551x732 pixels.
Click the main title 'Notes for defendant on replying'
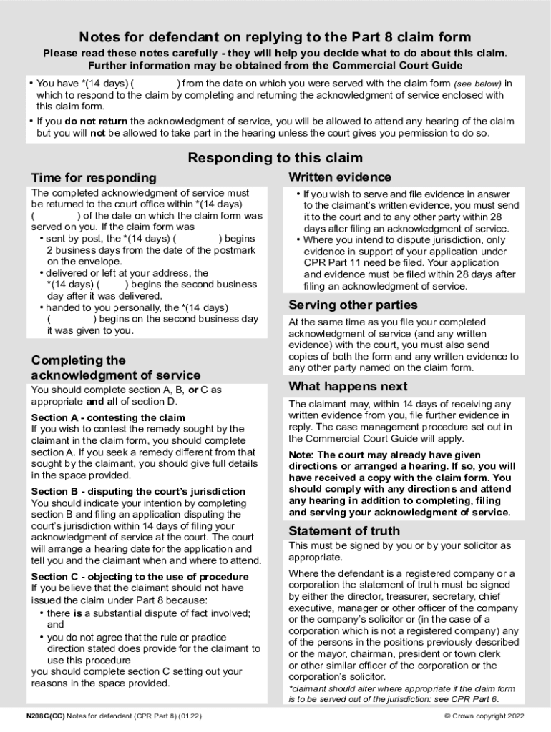click(275, 37)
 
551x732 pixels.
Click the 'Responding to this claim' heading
click(275, 158)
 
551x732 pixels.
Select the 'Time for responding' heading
click(93, 178)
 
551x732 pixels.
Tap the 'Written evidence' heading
click(339, 177)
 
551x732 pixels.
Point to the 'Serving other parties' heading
click(353, 305)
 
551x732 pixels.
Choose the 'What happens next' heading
click(348, 387)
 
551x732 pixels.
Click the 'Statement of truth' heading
click(344, 531)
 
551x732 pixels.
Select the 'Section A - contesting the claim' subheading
click(108, 417)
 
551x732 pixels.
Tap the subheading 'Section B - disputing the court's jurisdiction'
click(138, 491)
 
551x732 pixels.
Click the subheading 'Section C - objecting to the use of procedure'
click(140, 577)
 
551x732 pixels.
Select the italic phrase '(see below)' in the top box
click(477, 84)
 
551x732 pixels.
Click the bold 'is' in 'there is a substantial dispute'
click(78, 613)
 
